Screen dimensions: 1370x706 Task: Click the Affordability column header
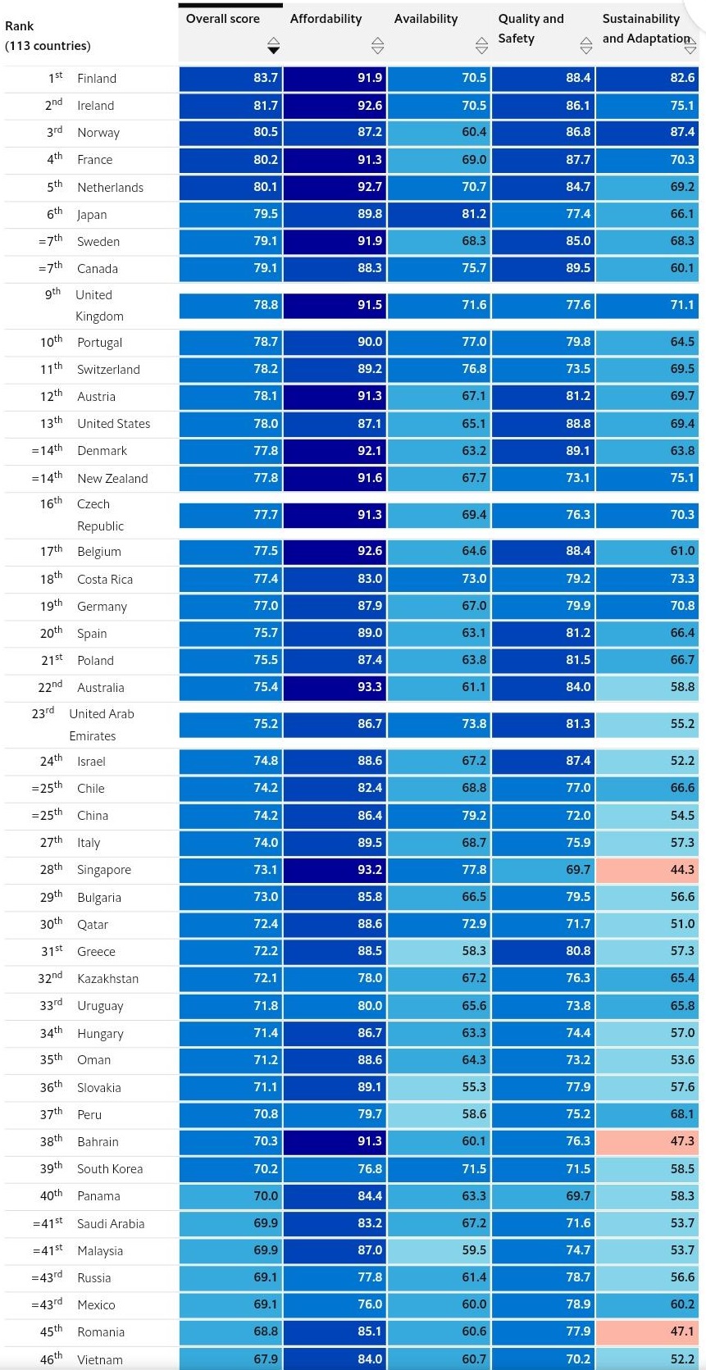tap(326, 19)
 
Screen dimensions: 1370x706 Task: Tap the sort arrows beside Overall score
tap(274, 45)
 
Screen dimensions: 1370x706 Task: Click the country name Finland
tap(97, 79)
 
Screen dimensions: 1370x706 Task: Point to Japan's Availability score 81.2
tap(473, 214)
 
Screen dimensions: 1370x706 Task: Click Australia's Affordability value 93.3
tap(369, 687)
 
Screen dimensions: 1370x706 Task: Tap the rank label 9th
tap(52, 294)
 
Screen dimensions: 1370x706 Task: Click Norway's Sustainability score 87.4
tap(681, 132)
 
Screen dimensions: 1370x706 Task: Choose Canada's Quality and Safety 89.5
tap(577, 268)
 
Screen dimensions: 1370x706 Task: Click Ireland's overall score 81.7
tap(265, 106)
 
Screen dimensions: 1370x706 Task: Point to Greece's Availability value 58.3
tap(473, 951)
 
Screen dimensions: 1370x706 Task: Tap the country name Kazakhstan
tap(107, 979)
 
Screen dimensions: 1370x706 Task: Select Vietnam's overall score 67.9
tap(265, 1359)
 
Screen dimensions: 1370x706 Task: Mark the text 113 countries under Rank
tap(48, 46)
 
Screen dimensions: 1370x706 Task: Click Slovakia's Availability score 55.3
tap(473, 1087)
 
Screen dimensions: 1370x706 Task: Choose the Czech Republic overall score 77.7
tap(265, 515)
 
